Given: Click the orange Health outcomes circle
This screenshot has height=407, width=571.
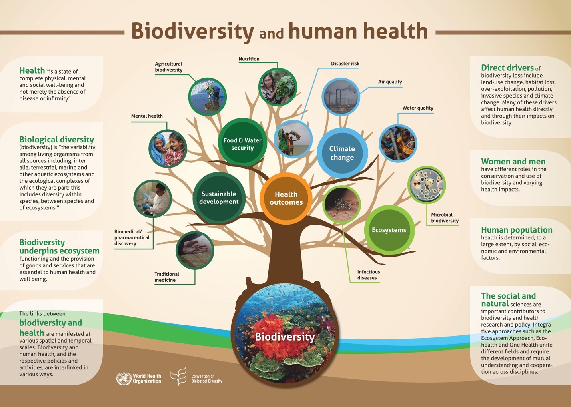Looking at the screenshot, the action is tap(286, 198).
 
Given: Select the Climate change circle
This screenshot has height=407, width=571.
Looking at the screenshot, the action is tap(342, 153).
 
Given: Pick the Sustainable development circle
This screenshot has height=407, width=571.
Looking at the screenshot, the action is tap(219, 198).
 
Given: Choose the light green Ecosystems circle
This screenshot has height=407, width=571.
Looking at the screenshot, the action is tap(389, 230).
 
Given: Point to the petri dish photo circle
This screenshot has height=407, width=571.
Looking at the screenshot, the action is tap(426, 185).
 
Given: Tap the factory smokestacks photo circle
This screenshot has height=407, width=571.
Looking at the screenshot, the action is tap(341, 97).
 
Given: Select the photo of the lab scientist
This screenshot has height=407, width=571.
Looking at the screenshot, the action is tap(152, 199).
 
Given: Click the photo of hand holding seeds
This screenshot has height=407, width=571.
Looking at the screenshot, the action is tap(195, 250).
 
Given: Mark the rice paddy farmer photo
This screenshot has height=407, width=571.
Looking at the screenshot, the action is tap(208, 97).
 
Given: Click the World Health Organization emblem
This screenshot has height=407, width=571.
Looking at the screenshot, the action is tap(124, 378).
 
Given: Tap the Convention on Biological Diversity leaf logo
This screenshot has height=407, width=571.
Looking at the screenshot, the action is tap(179, 376).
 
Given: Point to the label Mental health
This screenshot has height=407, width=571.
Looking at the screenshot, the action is tap(147, 116).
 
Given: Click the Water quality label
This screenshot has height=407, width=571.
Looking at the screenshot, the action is tap(418, 108).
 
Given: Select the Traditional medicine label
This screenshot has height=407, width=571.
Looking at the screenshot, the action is tap(167, 277).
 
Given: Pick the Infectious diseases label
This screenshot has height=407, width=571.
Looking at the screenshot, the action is tap(369, 275).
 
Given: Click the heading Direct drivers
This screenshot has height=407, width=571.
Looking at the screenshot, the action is tap(507, 68).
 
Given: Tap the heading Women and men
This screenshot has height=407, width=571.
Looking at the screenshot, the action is tap(513, 161).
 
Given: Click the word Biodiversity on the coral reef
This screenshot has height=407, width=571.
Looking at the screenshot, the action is tap(285, 337).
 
